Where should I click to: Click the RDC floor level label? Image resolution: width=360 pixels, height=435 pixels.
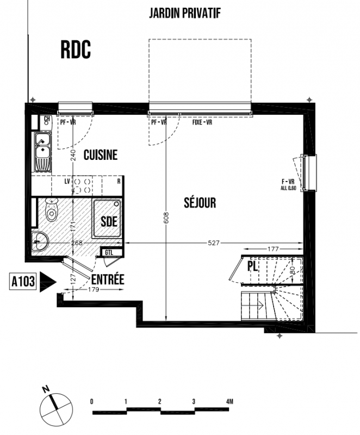point(76,50)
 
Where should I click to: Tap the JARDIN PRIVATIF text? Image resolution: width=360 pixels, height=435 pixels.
point(185,13)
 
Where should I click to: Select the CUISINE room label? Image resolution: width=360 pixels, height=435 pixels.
point(101,155)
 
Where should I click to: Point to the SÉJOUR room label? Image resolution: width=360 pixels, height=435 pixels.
point(200,202)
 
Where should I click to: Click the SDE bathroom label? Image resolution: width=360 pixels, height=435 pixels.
point(109,221)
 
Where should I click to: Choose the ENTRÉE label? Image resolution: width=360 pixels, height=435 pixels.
point(108,279)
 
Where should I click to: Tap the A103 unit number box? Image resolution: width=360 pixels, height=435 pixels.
point(23,282)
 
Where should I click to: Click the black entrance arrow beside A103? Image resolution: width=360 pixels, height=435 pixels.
point(48,282)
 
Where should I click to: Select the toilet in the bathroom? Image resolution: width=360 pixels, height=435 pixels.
point(51,209)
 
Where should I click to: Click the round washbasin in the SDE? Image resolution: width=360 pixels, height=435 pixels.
point(40,241)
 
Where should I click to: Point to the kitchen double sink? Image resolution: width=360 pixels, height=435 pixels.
point(42,152)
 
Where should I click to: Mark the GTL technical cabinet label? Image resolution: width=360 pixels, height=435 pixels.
point(109,253)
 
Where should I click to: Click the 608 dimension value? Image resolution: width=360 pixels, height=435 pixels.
point(166,217)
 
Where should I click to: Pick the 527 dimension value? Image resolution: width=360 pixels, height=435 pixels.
point(214,243)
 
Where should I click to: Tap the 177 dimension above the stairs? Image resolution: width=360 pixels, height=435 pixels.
point(273,249)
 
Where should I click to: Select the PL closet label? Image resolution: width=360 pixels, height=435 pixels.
point(253,266)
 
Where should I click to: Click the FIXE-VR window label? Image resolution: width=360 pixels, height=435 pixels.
point(202,122)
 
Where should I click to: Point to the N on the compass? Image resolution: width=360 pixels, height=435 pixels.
point(46,389)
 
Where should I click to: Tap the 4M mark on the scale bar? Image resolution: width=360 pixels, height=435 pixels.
point(229,401)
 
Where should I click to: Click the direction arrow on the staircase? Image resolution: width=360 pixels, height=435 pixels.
point(260,306)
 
